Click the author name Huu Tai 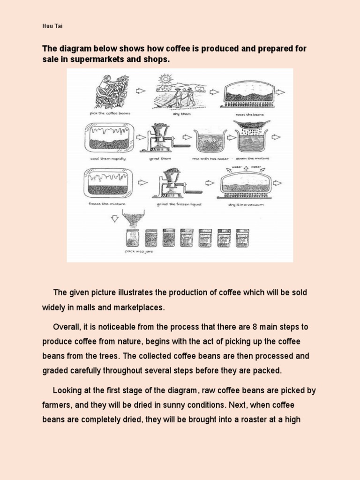click(52, 27)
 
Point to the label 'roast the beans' click(250, 114)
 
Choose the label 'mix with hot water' click(210, 159)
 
